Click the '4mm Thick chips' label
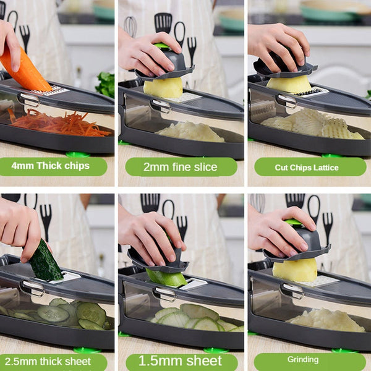click(x=54, y=166)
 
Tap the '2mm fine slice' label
click(x=181, y=167)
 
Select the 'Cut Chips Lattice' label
click(x=307, y=167)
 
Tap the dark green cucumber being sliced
click(x=45, y=262)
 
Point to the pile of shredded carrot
click(x=62, y=124)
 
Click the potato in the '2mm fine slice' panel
click(x=163, y=88)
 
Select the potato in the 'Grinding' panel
click(x=295, y=270)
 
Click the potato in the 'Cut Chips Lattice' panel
click(x=289, y=83)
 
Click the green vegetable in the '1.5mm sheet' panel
click(x=167, y=278)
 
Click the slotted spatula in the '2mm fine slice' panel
click(x=163, y=23)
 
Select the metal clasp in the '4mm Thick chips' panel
click(x=29, y=100)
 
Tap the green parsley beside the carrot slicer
click(x=106, y=84)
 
